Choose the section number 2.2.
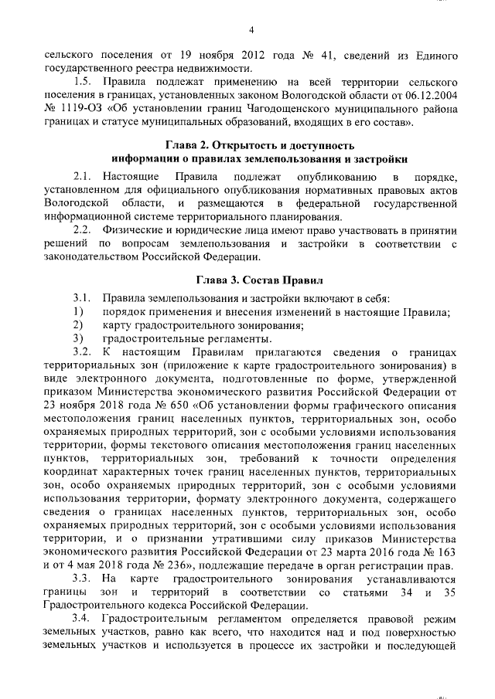[x=82, y=231]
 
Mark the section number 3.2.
[x=82, y=351]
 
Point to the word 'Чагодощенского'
[x=298, y=109]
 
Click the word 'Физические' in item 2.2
[x=135, y=231]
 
